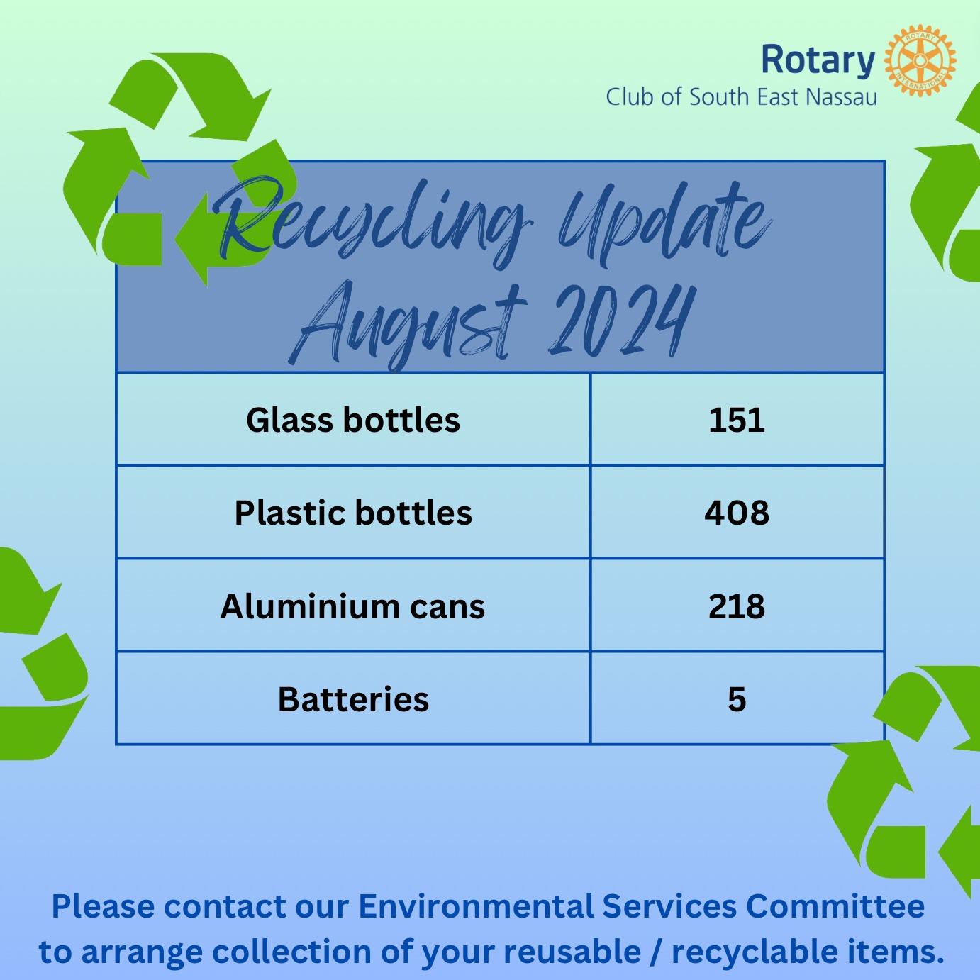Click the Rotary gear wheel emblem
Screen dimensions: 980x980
pyautogui.click(x=920, y=60)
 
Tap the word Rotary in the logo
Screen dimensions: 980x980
pyautogui.click(x=818, y=60)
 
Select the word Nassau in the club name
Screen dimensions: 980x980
pyautogui.click(x=842, y=97)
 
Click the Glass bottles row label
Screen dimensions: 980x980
pyautogui.click(x=353, y=420)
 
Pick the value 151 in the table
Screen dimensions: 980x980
pyautogui.click(x=736, y=420)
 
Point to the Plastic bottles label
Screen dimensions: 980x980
pyautogui.click(x=353, y=512)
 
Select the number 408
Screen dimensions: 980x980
pyautogui.click(x=736, y=513)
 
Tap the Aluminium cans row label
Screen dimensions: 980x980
pyautogui.click(x=352, y=606)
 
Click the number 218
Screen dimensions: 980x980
pyautogui.click(x=736, y=606)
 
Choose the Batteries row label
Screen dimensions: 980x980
pyautogui.click(x=353, y=698)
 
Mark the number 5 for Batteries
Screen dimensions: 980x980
pyautogui.click(x=736, y=699)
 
